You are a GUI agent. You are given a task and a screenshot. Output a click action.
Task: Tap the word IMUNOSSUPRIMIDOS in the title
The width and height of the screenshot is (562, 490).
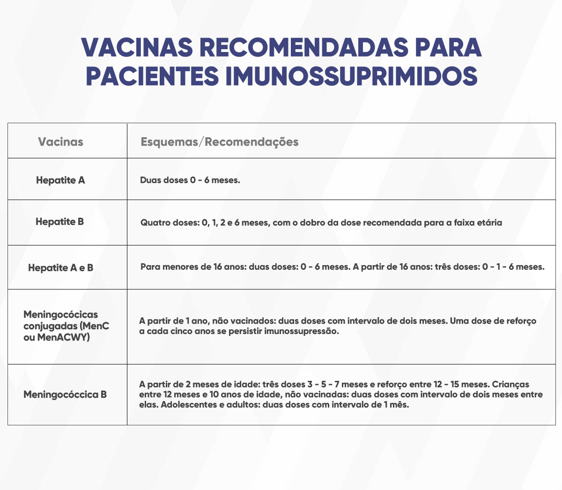click(x=351, y=76)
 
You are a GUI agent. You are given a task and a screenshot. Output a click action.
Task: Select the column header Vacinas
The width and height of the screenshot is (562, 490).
click(x=60, y=142)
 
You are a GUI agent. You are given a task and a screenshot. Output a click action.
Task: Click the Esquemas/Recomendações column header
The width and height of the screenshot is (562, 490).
click(x=219, y=142)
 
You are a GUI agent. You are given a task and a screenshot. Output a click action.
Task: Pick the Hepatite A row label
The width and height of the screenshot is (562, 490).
click(x=60, y=180)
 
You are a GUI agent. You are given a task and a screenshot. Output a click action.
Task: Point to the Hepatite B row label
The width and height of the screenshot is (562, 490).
click(x=59, y=222)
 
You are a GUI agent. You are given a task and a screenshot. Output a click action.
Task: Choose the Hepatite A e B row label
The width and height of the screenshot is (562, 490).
click(x=60, y=268)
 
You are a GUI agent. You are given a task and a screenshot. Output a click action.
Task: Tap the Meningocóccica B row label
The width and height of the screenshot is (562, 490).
click(x=65, y=394)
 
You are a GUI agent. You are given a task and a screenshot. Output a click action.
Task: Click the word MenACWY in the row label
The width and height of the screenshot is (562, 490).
click(x=63, y=337)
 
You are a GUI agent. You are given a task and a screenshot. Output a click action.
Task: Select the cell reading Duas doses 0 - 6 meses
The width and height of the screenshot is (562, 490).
click(x=190, y=180)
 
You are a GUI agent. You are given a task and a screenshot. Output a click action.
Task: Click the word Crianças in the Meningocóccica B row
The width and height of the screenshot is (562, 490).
click(x=510, y=385)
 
